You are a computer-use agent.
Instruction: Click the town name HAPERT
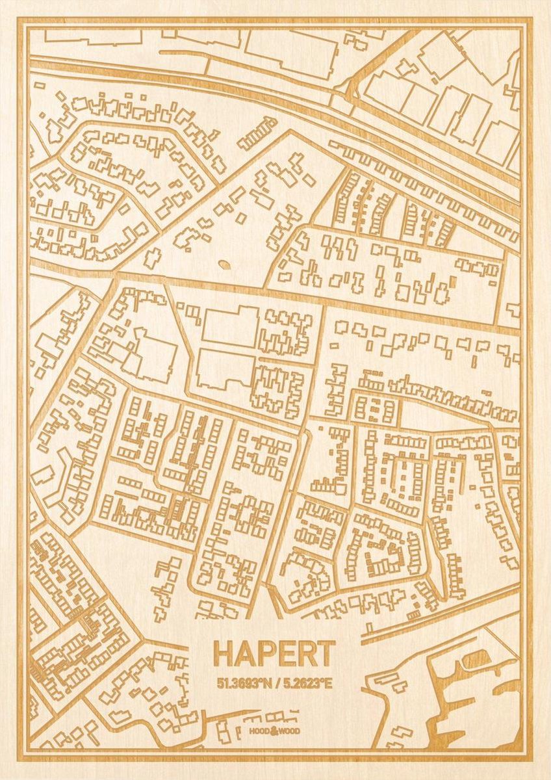(x=274, y=653)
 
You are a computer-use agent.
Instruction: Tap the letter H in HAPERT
(x=223, y=653)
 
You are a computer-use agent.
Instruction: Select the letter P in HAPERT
(x=265, y=653)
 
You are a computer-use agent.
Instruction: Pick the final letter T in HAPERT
(x=326, y=653)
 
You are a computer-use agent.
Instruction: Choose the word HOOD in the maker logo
(x=259, y=731)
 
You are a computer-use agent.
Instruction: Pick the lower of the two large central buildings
(x=224, y=369)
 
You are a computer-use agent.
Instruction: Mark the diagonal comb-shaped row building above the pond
(x=257, y=133)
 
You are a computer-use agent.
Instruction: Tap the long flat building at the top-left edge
(x=94, y=37)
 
